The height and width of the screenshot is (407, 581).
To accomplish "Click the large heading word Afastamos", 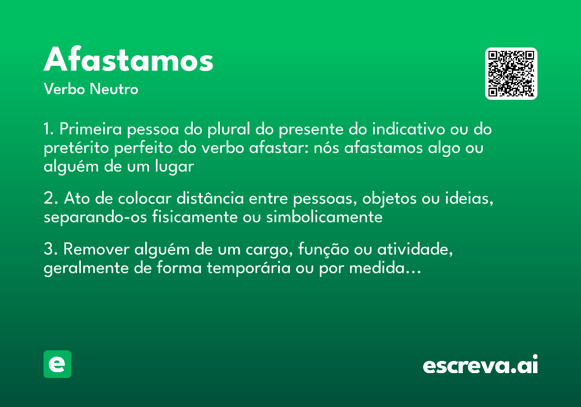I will pyautogui.click(x=128, y=61).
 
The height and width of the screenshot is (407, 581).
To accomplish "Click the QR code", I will pyautogui.click(x=511, y=74).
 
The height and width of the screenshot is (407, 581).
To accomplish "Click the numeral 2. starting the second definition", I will pyautogui.click(x=51, y=199).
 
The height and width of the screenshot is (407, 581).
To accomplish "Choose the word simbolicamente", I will pyautogui.click(x=324, y=217).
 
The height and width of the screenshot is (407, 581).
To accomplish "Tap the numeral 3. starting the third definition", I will pyautogui.click(x=51, y=249).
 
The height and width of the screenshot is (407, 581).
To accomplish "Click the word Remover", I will pyautogui.click(x=96, y=249).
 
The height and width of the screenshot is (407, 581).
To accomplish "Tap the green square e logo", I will pyautogui.click(x=57, y=364).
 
